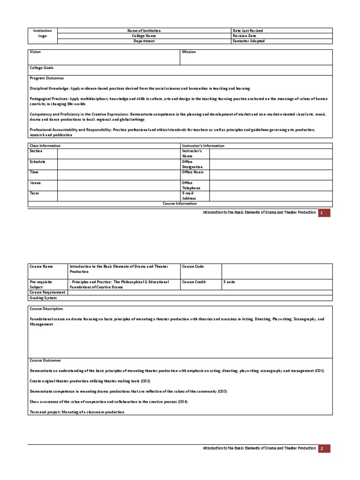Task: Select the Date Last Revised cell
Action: [x=247, y=30]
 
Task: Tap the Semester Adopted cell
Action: [x=248, y=41]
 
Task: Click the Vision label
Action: [x=36, y=52]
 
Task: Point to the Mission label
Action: [x=189, y=52]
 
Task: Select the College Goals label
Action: [x=42, y=68]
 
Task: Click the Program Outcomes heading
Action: [x=47, y=78]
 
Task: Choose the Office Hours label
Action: [x=192, y=172]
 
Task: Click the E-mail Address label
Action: [x=189, y=195]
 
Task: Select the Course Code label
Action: [x=193, y=266]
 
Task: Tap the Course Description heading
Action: [x=46, y=308]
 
